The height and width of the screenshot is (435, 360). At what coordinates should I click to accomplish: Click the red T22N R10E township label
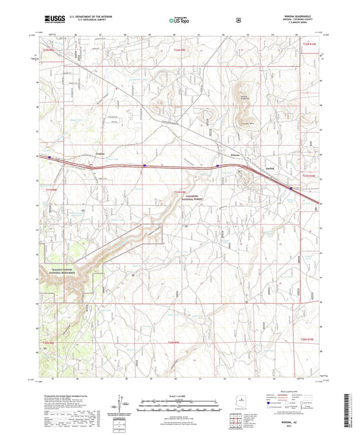point(308,44)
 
